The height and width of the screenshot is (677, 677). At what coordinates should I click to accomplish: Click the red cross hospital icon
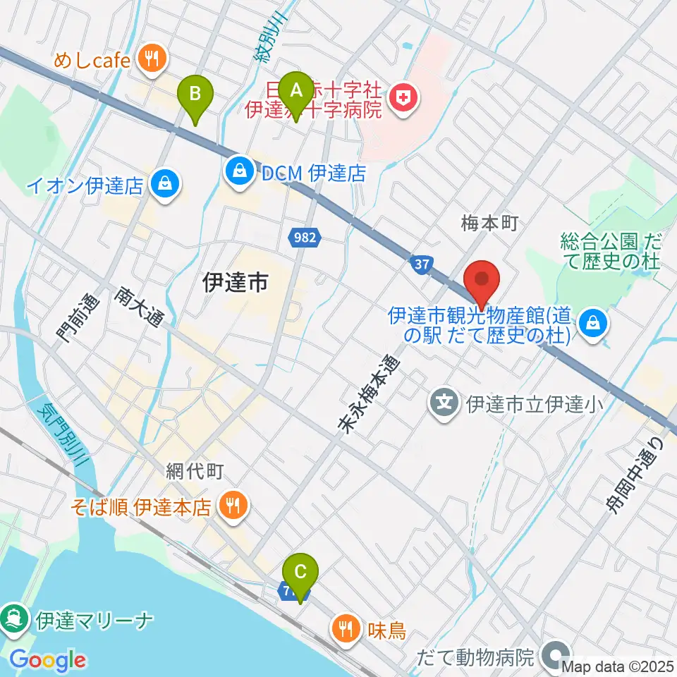point(403,97)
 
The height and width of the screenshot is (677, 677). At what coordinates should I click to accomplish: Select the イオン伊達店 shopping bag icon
point(166,185)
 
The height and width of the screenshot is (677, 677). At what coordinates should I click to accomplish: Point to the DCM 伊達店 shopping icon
point(240,172)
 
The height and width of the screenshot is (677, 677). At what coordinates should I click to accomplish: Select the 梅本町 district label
point(489,224)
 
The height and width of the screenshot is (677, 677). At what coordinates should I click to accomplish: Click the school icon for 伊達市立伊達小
point(445,404)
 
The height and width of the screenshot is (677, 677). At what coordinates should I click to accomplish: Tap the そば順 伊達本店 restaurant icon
point(232,506)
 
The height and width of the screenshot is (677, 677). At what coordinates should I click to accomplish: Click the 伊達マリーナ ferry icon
point(13,621)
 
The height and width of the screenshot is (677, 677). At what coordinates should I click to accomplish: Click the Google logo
point(47,659)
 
